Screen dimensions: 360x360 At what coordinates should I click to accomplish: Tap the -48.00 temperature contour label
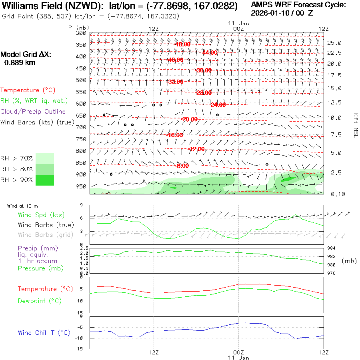(182, 44)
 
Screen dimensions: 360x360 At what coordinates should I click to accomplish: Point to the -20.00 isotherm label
(189, 119)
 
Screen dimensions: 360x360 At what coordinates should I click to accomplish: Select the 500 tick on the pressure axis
(81, 80)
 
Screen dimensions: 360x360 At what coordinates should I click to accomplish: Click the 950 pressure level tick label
(81, 186)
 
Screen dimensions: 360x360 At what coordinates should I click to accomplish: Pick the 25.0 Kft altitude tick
(334, 43)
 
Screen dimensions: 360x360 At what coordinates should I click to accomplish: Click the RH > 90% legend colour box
(45, 180)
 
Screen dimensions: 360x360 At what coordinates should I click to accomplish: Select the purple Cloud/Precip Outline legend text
(33, 112)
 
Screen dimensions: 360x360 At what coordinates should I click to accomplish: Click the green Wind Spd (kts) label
(41, 215)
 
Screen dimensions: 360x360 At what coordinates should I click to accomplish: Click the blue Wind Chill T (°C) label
(44, 333)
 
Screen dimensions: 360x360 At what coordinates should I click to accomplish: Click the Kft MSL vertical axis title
(354, 125)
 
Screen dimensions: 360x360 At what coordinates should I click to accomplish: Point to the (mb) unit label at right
(349, 261)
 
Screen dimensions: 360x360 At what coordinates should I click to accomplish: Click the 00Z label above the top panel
(238, 29)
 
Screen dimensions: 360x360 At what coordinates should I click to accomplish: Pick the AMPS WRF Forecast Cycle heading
(298, 5)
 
